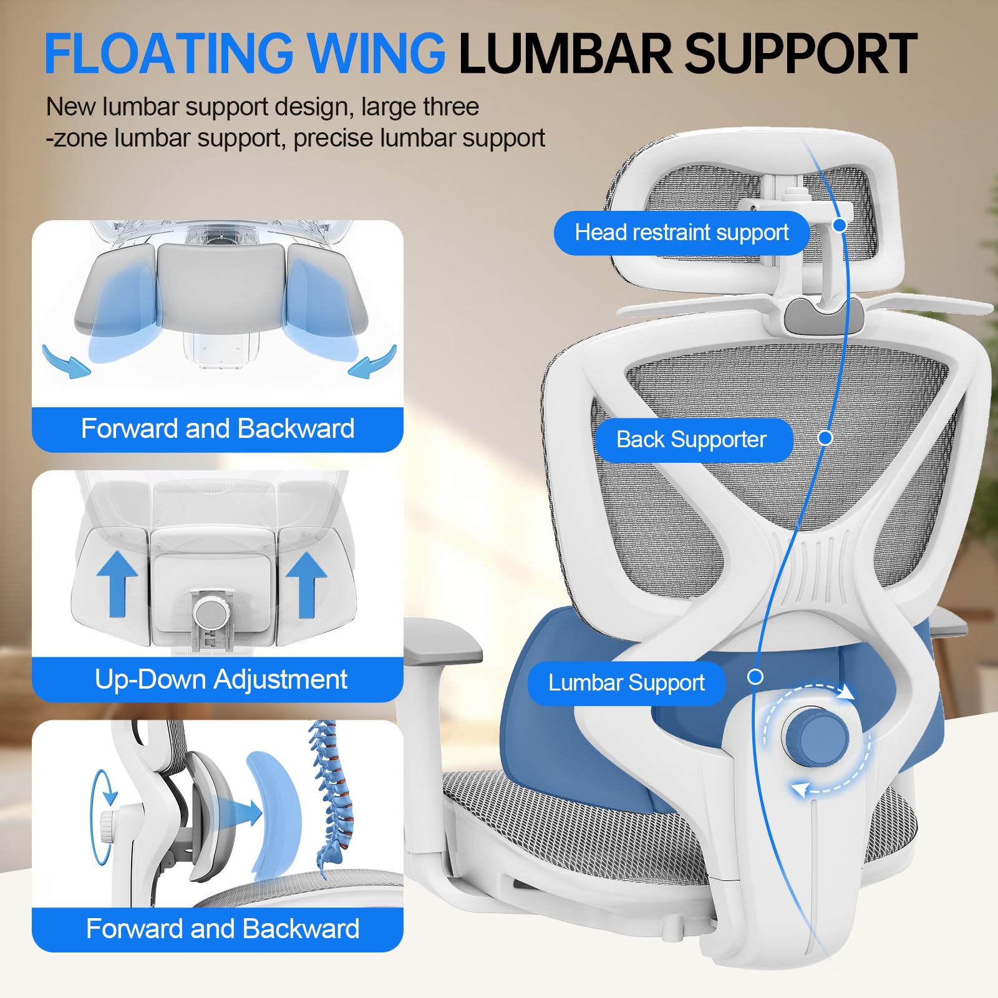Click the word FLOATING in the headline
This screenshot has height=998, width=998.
168,54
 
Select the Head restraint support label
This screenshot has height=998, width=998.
681,233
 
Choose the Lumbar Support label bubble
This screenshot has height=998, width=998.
626,683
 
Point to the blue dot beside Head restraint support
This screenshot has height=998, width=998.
840,225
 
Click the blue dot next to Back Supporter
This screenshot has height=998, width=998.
825,438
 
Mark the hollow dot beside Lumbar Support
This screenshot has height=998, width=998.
755,677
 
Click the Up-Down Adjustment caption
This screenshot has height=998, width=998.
221,679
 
